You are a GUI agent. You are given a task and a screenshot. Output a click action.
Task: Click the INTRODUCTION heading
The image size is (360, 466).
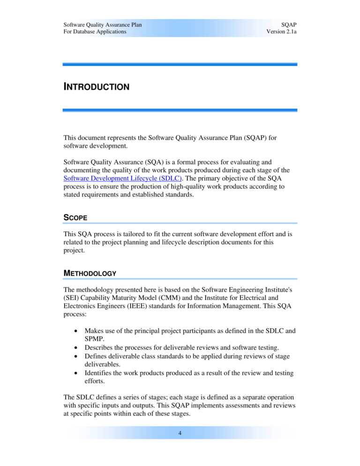pos(96,87)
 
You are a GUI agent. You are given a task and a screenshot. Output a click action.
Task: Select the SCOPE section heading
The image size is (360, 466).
pos(75,218)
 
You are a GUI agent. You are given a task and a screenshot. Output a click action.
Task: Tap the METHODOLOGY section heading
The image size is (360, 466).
pos(90,273)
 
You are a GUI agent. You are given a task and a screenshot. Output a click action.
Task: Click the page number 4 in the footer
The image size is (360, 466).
pos(180,433)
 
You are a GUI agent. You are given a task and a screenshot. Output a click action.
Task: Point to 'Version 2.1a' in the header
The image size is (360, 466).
pos(281,31)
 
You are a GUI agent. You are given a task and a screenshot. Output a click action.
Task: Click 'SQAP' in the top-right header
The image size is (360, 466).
pos(289,24)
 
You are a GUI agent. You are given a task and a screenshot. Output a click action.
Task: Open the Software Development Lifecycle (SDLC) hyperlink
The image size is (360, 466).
pos(122,179)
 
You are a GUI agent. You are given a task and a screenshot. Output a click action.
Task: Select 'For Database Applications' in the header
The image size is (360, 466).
pos(95,31)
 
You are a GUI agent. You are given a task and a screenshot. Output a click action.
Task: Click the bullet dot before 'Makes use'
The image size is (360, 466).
pos(76,331)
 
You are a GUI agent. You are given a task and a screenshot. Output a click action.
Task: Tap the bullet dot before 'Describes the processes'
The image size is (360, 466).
pos(76,348)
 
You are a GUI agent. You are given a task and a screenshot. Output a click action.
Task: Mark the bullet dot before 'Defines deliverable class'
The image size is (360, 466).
pos(76,356)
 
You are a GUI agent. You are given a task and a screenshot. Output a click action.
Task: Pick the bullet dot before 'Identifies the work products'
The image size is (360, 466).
pos(76,373)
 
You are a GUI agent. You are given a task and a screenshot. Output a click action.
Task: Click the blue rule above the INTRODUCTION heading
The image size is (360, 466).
pos(180,64)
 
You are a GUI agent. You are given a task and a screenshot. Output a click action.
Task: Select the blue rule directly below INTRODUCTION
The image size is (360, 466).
pos(180,110)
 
